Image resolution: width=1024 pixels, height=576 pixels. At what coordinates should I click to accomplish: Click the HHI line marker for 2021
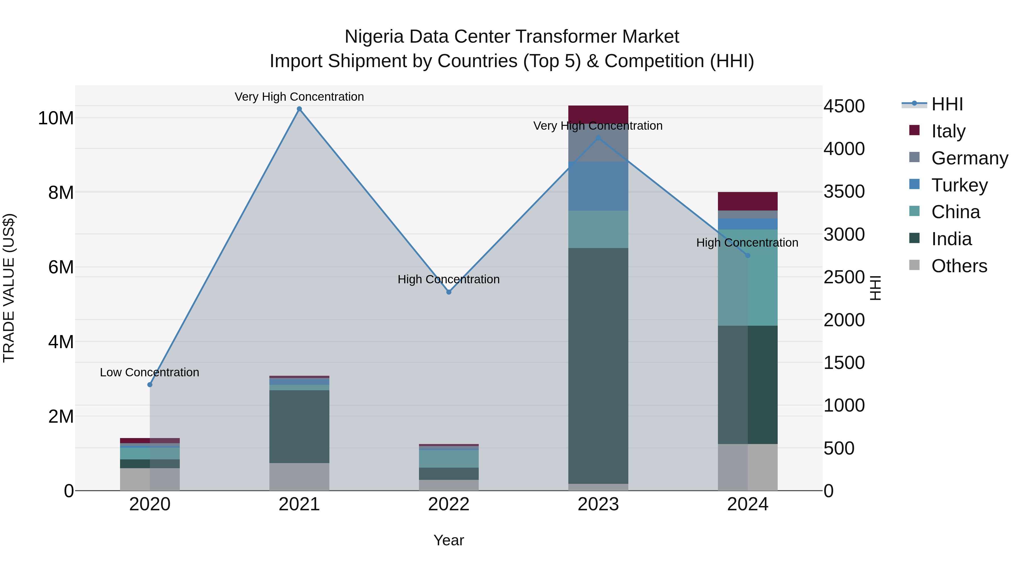click(x=299, y=109)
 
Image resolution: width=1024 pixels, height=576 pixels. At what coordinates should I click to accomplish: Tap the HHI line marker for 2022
click(x=449, y=292)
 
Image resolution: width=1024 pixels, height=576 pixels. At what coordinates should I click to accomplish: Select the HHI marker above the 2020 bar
click(x=150, y=385)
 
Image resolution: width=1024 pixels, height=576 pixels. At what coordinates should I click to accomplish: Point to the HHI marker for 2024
click(x=748, y=256)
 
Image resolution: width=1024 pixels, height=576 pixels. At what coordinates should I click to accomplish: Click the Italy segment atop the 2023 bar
click(x=598, y=114)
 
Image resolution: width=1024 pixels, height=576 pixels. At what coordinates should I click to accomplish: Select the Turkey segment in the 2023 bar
click(x=598, y=186)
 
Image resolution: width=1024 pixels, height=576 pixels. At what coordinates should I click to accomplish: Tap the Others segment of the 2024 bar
click(x=748, y=467)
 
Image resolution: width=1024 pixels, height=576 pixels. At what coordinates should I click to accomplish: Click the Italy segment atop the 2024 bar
click(x=748, y=201)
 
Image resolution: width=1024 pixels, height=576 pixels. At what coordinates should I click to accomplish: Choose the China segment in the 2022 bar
click(x=449, y=459)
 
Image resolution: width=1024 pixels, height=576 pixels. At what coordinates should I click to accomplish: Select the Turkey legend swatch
click(x=914, y=184)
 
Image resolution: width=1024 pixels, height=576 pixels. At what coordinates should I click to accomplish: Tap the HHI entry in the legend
click(x=947, y=104)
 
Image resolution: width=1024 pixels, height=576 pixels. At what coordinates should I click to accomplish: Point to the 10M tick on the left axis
click(x=56, y=118)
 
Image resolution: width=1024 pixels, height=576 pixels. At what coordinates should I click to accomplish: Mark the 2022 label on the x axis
click(x=449, y=504)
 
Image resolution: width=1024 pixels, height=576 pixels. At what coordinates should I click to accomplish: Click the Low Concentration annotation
click(x=149, y=372)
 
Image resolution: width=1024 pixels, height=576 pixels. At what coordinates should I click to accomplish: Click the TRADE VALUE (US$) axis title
click(x=9, y=288)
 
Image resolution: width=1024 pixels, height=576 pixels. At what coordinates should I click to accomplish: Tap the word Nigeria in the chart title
click(x=374, y=37)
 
